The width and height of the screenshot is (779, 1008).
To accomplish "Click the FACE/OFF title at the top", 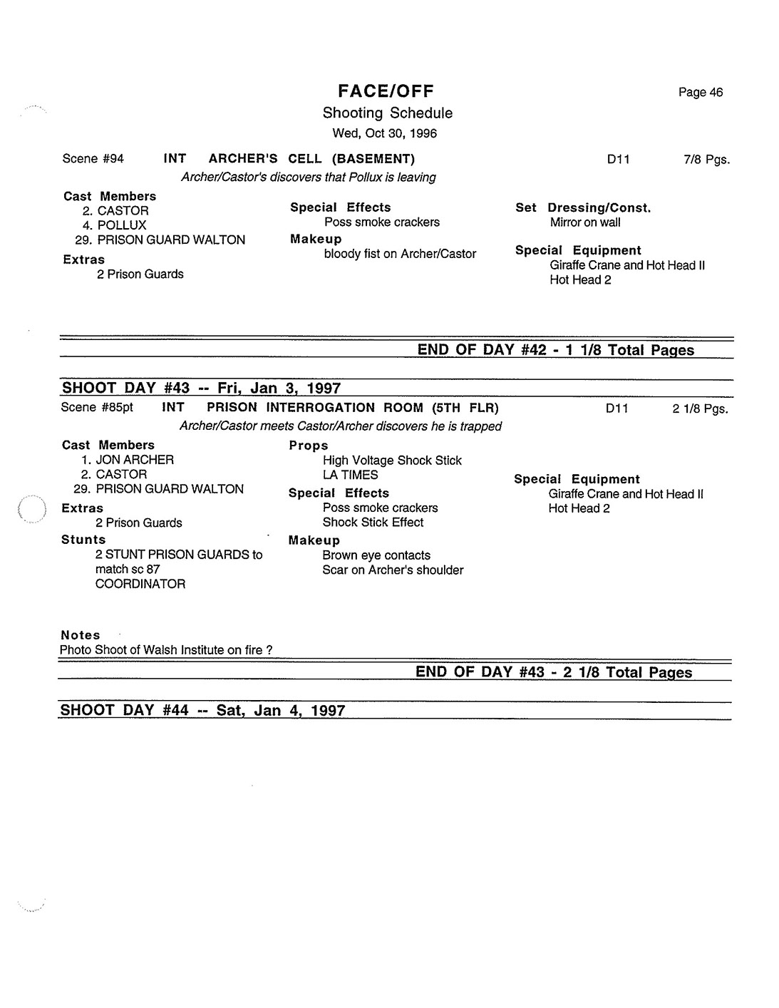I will [x=386, y=91].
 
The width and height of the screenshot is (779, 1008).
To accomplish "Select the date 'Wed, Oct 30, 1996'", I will [x=385, y=133].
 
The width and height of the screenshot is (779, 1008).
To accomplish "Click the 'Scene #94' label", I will [x=93, y=158].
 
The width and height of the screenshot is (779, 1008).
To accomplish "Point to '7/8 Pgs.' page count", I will [x=706, y=160].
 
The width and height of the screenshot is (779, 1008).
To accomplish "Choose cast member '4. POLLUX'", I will [x=114, y=225].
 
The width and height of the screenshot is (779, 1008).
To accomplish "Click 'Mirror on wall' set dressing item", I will [x=584, y=222].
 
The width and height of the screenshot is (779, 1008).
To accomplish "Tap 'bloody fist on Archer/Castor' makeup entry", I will [x=400, y=254].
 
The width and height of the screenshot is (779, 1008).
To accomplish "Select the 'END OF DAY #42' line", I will [x=555, y=350].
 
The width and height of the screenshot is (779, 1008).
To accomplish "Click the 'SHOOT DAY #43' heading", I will [x=201, y=388].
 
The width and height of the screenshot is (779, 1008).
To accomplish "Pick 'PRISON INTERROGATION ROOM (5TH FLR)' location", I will [x=352, y=408].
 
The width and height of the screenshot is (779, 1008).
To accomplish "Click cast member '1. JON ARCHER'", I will [x=128, y=460].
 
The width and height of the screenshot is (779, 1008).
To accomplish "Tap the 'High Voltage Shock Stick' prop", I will [x=392, y=461].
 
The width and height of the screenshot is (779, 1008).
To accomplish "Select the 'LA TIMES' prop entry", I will [x=350, y=475].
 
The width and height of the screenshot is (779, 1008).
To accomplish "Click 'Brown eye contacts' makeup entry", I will [x=376, y=555].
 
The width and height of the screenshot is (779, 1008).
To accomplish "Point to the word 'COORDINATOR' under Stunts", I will [x=140, y=584].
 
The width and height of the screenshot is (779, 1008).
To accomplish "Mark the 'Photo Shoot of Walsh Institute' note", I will [x=165, y=650].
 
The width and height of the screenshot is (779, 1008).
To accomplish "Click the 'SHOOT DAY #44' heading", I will [x=202, y=711].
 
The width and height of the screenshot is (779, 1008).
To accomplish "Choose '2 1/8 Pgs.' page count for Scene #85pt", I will [x=700, y=409].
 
